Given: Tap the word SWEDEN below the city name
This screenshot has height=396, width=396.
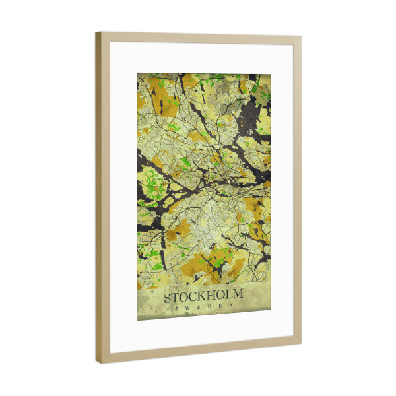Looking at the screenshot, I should point(204,306).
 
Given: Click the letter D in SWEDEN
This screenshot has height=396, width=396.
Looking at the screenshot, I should point(210,306).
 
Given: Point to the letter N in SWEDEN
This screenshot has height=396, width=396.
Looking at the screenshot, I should point(231,305).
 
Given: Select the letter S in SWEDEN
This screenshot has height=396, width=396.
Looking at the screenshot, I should point(176,308).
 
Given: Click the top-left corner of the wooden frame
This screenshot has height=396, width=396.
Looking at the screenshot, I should point(96,32).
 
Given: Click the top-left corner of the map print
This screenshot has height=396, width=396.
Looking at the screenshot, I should point(137,73).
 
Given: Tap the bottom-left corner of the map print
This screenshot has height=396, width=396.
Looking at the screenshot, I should point(137,321).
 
